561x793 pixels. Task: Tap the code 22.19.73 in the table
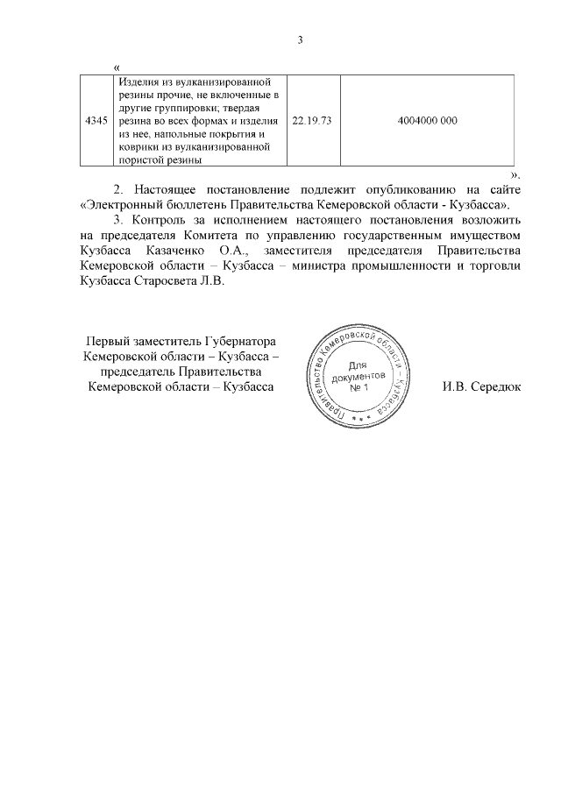point(311,121)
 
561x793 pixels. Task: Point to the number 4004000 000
point(427,121)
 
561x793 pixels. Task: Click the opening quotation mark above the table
point(117,67)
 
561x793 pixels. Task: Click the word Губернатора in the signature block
point(241,342)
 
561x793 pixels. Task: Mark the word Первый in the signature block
point(105,342)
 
